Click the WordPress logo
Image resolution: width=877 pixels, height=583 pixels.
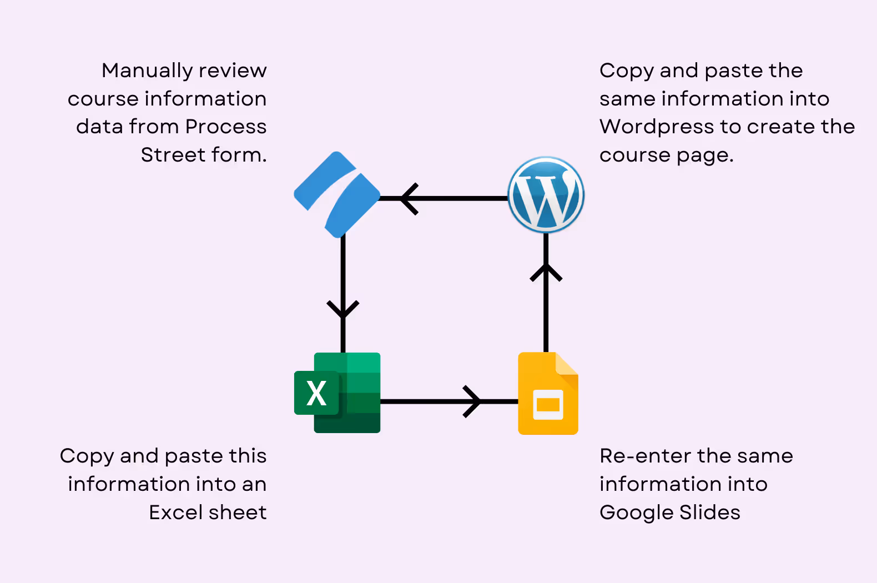pos(546,195)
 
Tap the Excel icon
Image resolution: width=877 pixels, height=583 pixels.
pos(337,393)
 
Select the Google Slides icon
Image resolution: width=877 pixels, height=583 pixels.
pos(548,393)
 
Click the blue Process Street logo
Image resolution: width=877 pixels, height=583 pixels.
pos(337,194)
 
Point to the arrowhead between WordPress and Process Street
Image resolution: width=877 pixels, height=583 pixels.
pos(409,199)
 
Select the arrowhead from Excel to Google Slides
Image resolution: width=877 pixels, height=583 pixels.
pos(472,401)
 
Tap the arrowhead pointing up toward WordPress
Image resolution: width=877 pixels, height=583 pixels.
pos(546,272)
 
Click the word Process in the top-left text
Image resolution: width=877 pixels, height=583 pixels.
pos(225,127)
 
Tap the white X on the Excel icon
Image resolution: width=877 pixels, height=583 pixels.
pos(316,393)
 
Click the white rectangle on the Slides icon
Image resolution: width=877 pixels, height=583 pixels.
pos(548,405)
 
